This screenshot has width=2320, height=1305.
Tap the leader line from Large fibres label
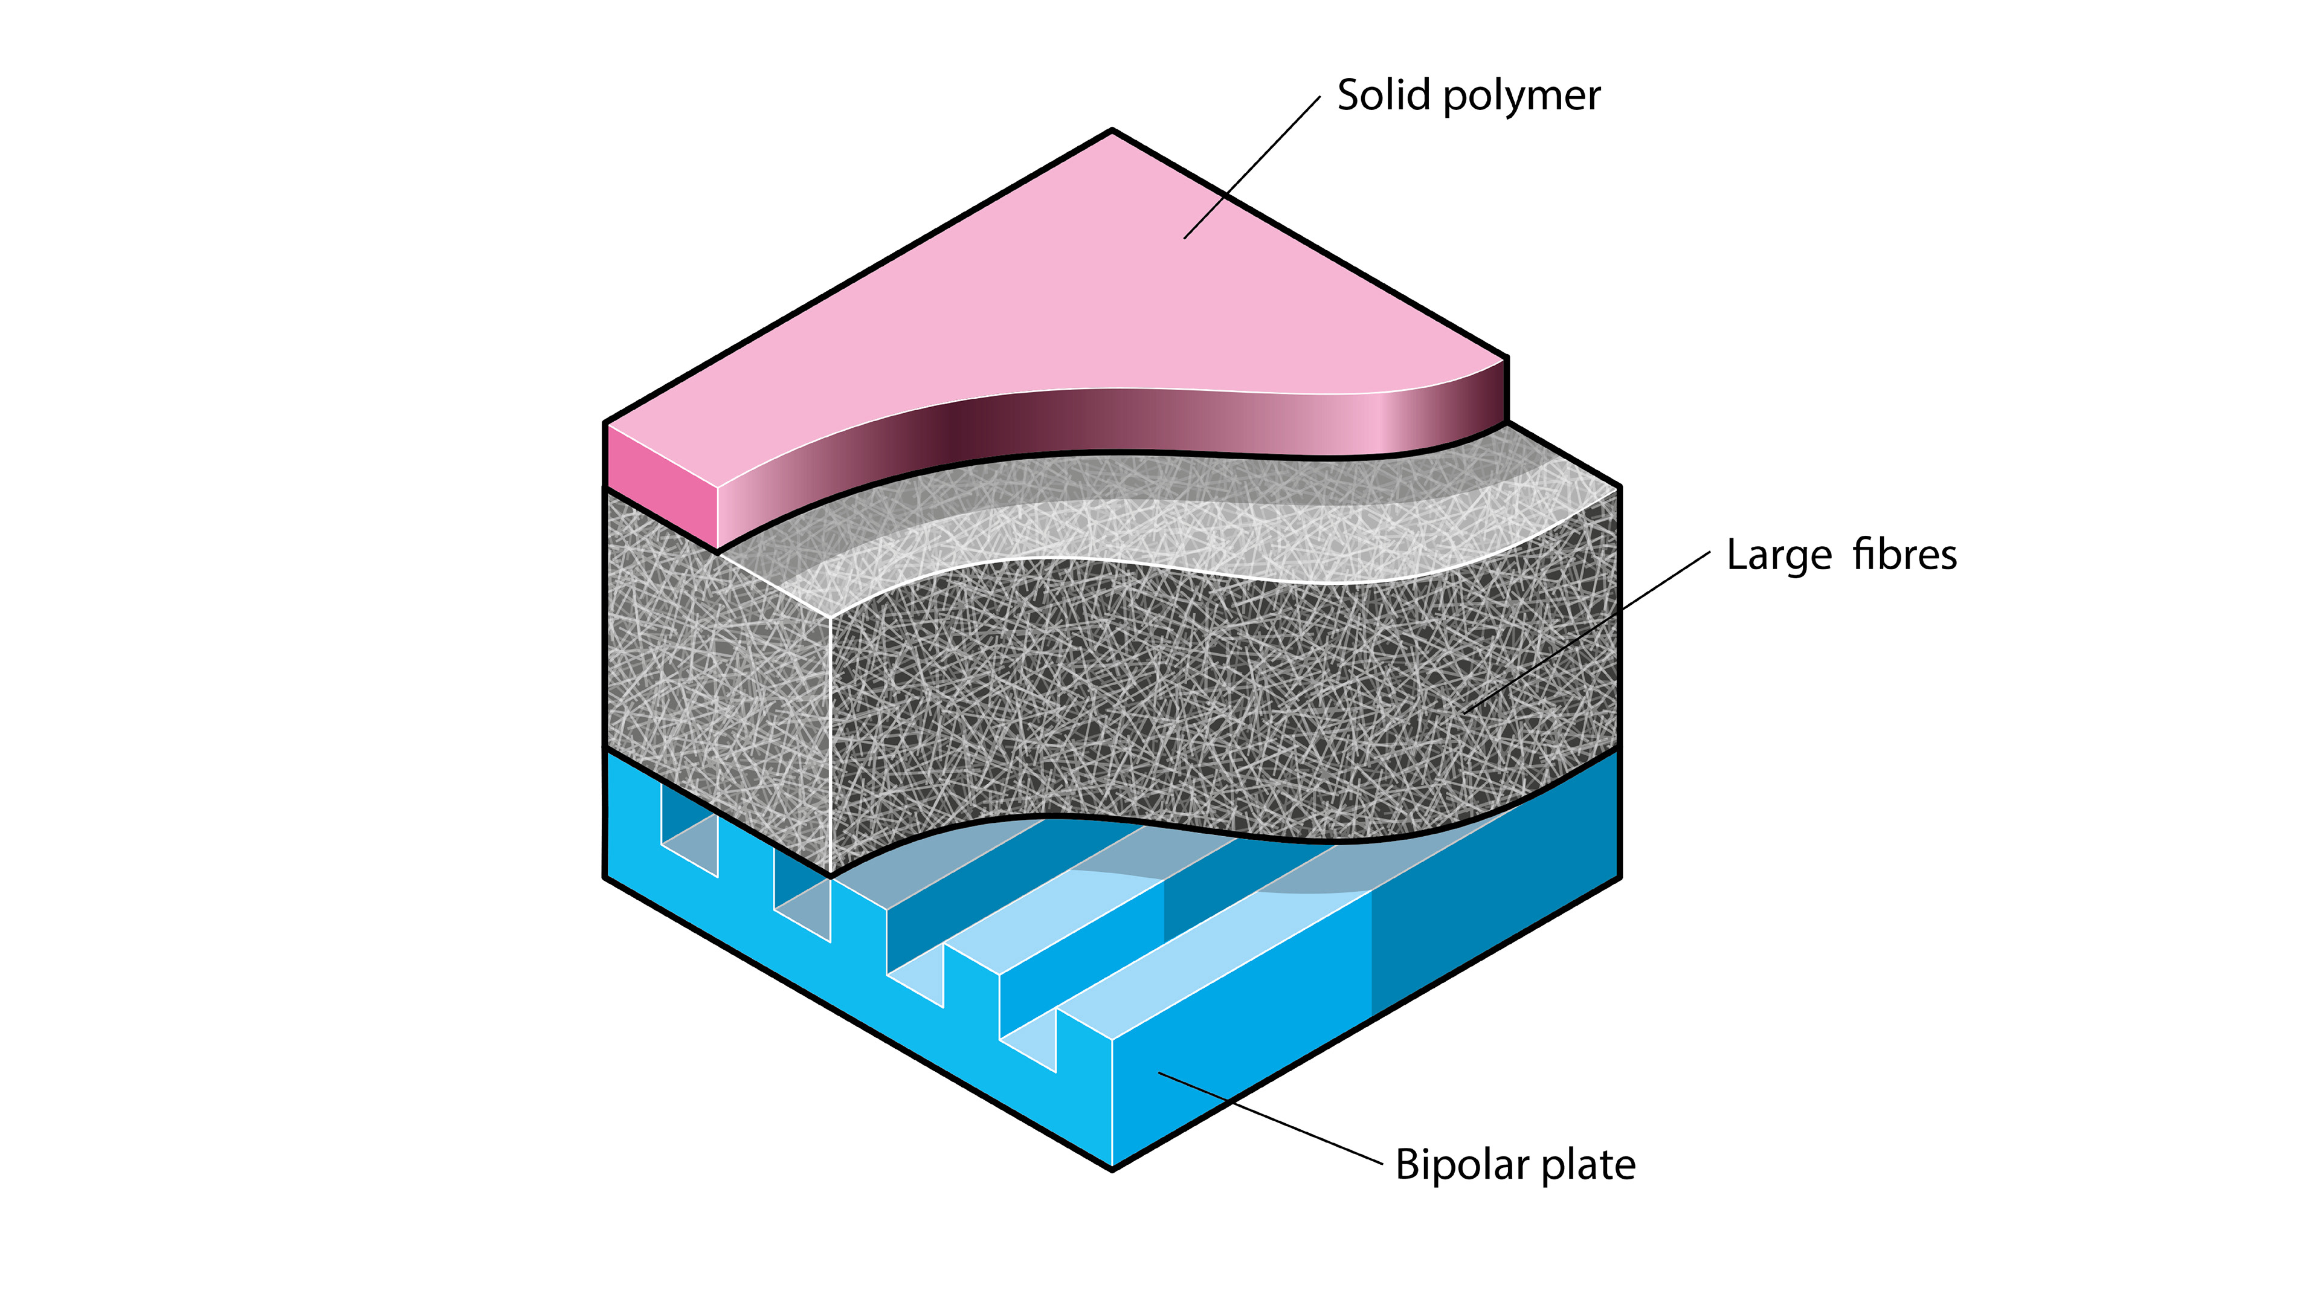point(1585,633)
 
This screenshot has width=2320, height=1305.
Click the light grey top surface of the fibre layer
point(1171,523)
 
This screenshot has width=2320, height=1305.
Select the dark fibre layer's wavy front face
point(1216,703)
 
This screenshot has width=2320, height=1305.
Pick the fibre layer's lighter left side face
point(716,685)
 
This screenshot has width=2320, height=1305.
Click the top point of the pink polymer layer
point(1112,132)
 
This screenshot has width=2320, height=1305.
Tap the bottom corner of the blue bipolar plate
point(1112,1168)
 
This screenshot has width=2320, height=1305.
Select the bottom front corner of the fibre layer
point(830,874)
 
